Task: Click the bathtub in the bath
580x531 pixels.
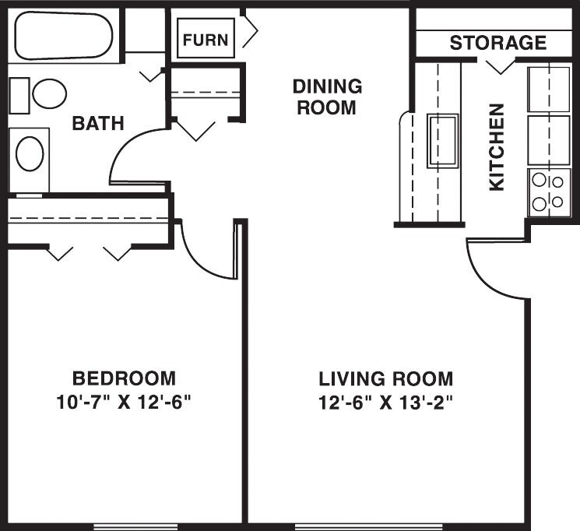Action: pos(64,36)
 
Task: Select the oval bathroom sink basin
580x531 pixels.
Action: pos(30,154)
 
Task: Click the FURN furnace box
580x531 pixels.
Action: pos(206,38)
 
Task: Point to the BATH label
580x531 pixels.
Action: pos(98,123)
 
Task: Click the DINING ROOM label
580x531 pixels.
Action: pos(327,97)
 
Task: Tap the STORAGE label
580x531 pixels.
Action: pos(498,43)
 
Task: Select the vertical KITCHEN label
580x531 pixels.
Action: pos(497,147)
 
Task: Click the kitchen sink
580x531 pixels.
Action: pos(443,141)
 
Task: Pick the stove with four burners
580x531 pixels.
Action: pos(549,192)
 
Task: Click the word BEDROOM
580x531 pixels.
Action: pos(124,378)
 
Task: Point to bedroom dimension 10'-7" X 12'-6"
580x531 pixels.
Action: pos(124,403)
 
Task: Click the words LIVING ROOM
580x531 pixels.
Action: pos(386,379)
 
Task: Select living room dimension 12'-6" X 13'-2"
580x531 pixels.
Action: pos(386,403)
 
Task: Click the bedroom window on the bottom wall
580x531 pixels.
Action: pos(135,526)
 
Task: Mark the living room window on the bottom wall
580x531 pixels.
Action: pos(368,526)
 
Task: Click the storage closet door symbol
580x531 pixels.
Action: pos(501,67)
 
